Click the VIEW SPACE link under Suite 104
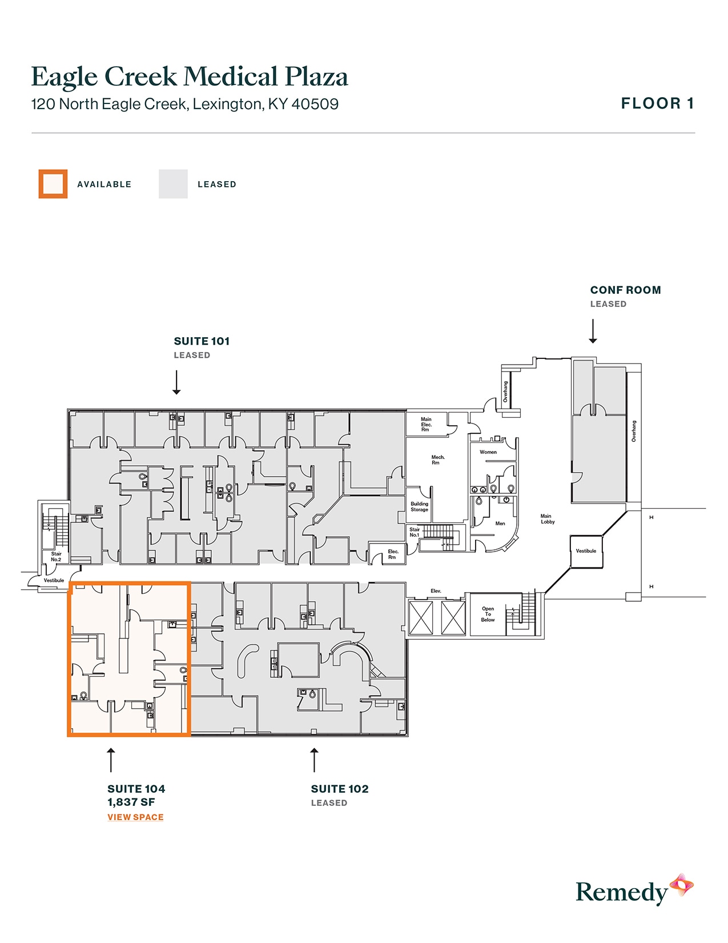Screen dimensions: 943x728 135,817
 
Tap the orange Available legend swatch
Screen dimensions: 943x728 53,184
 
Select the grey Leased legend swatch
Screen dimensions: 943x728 173,184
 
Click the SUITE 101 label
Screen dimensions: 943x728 202,341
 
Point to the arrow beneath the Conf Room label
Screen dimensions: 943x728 593,331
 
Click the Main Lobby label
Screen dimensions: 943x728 547,519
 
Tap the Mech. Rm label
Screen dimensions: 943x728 438,459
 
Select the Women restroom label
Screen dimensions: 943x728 488,452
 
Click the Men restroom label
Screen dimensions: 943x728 500,524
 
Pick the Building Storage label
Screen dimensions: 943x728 419,507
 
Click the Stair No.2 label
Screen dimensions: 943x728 56,557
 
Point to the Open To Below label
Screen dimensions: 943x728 488,614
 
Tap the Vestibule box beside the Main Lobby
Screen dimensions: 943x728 586,551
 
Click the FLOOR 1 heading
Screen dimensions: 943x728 657,103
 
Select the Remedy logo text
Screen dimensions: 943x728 621,892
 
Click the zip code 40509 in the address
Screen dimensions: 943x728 315,104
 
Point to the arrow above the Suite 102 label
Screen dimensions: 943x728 314,760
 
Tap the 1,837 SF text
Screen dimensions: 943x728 131,802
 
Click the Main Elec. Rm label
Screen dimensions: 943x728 426,424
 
